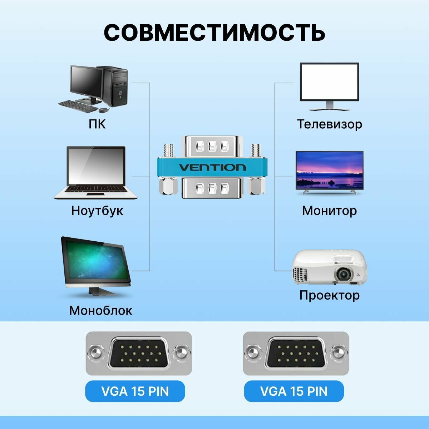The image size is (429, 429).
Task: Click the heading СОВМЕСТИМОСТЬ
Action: (214, 33)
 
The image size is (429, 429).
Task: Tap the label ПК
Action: (97, 124)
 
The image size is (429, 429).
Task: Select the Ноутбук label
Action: (97, 210)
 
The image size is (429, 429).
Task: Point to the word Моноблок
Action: (100, 310)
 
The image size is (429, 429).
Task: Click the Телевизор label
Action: (329, 124)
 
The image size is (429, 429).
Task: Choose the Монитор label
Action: (329, 210)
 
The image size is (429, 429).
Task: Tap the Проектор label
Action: (329, 295)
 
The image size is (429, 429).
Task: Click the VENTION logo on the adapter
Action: (212, 167)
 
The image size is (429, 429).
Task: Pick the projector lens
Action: (343, 275)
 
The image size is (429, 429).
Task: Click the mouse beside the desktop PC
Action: (104, 109)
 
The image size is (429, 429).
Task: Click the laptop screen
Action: (96, 167)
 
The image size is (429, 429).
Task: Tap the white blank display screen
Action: (329, 82)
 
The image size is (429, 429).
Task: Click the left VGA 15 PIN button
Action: (135, 391)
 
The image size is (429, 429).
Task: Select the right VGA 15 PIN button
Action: (294, 391)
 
